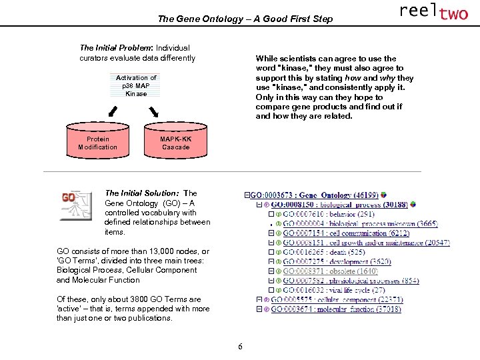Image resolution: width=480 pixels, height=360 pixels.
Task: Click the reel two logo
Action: pyautogui.click(x=433, y=12)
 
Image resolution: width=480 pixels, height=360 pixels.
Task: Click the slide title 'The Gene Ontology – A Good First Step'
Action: pyautogui.click(x=245, y=19)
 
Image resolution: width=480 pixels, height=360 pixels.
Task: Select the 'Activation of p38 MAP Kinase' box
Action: pyautogui.click(x=136, y=86)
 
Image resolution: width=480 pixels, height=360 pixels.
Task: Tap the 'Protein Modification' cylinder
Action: pyautogui.click(x=97, y=143)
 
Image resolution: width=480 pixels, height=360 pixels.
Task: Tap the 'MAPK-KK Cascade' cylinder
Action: pyautogui.click(x=175, y=143)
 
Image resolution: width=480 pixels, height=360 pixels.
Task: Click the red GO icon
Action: pyautogui.click(x=75, y=204)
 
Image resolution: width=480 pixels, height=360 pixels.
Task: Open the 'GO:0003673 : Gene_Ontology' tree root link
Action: pyautogui.click(x=314, y=195)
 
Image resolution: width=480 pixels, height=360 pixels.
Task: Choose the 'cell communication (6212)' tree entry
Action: pyautogui.click(x=346, y=233)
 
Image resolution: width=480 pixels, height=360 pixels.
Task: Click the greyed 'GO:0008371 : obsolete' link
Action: pyautogui.click(x=331, y=271)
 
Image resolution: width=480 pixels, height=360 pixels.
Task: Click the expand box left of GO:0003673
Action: pyautogui.click(x=247, y=195)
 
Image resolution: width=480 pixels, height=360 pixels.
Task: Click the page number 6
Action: pyautogui.click(x=240, y=346)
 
